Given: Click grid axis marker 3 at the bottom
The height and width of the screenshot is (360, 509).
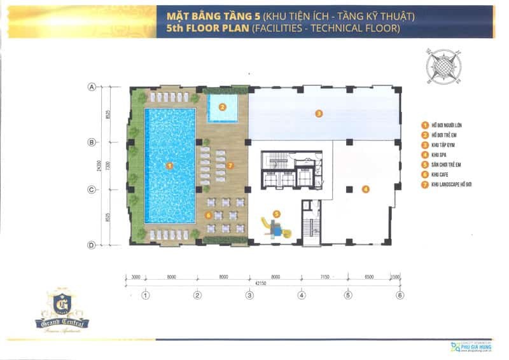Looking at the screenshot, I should tap(249, 294).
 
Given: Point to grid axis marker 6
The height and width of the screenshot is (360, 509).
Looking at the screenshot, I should tap(400, 294).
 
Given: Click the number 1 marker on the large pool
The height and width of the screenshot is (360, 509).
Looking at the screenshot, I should tap(169, 165).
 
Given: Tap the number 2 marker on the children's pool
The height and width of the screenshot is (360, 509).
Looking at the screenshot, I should tap(223, 107).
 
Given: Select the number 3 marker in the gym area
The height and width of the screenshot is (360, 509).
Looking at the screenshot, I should tap(319, 114).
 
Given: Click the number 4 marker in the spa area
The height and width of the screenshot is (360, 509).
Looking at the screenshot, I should tap(366, 188).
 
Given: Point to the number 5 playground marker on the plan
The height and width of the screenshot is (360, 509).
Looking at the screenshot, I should tap(276, 214).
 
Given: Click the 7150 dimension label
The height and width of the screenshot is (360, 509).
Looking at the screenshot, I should tap(324, 277).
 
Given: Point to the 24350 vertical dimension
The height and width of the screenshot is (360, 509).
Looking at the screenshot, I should tap(100, 165).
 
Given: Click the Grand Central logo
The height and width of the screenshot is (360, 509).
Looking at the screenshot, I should tap(62, 312).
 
